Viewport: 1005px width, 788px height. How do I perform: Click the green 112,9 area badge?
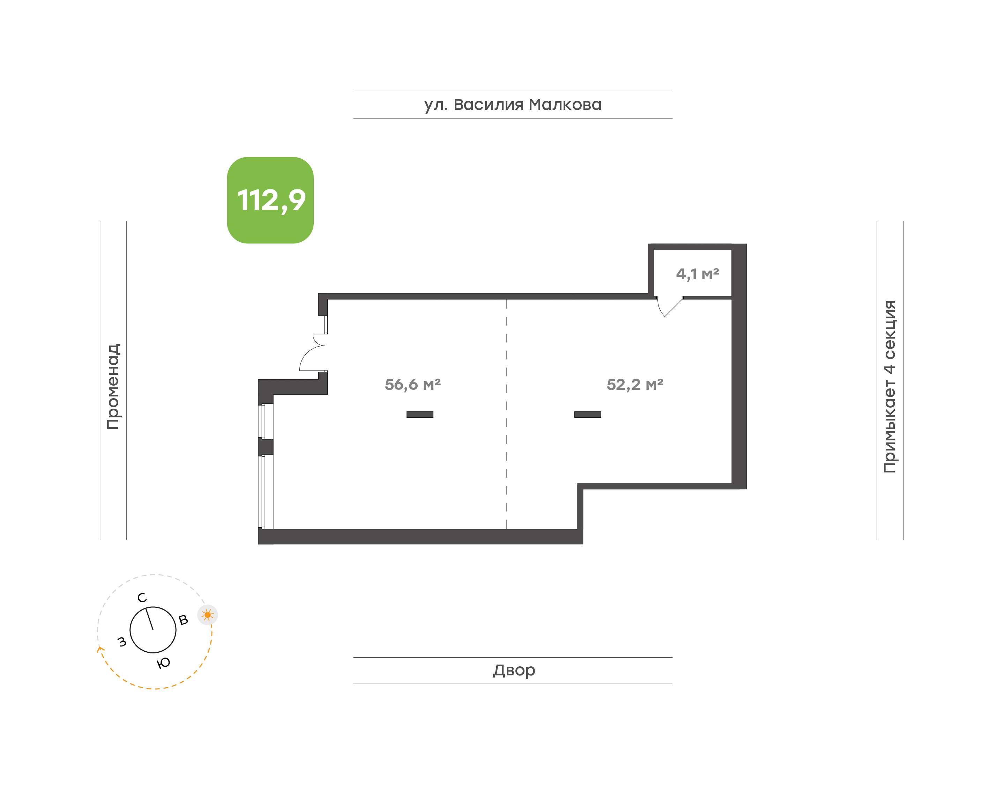tap(270, 200)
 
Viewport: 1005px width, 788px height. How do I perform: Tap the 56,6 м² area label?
tap(413, 384)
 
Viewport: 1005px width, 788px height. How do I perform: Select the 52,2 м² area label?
tap(635, 384)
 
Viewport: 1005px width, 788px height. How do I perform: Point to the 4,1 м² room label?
tap(698, 274)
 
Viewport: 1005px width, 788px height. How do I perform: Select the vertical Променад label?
tap(113, 387)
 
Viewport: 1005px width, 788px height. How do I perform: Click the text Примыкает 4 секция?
tap(889, 387)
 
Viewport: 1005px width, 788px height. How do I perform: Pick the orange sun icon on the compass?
tap(207, 615)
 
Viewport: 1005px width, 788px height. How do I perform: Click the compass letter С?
tap(142, 598)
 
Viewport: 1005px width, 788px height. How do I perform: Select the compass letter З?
tap(122, 642)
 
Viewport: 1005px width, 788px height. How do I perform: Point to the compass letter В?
tap(183, 620)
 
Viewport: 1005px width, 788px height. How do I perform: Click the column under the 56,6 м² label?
tap(420, 414)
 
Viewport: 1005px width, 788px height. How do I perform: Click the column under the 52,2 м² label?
tap(588, 414)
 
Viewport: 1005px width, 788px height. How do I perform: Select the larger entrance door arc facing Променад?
tap(306, 354)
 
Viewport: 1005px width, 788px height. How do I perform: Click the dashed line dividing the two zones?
tap(506, 414)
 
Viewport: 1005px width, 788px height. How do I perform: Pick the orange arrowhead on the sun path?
tap(100, 649)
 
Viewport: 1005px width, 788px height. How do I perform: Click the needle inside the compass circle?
tap(150, 619)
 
